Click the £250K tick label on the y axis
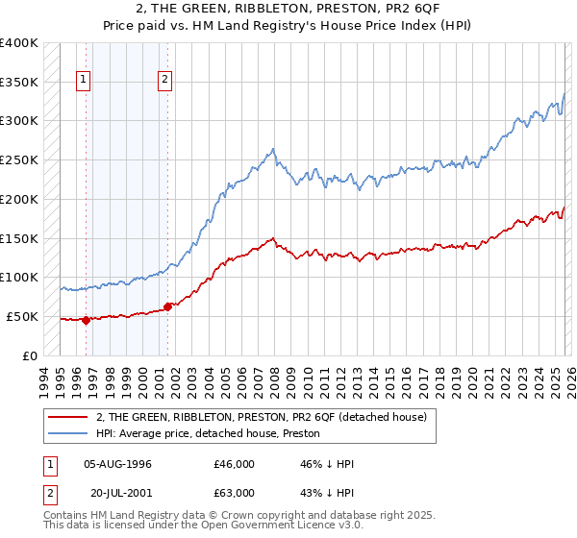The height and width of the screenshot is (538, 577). coord(19,159)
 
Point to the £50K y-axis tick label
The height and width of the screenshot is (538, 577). coord(22,316)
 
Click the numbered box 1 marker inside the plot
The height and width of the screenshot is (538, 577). coord(85,81)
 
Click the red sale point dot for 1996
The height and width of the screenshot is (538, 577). coord(87,321)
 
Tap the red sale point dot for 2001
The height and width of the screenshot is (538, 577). coord(167,306)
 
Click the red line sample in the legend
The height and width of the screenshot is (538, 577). coord(68,417)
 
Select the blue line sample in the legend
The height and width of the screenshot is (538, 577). coord(68,433)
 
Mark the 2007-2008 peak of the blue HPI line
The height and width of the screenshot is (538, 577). coord(274,149)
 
